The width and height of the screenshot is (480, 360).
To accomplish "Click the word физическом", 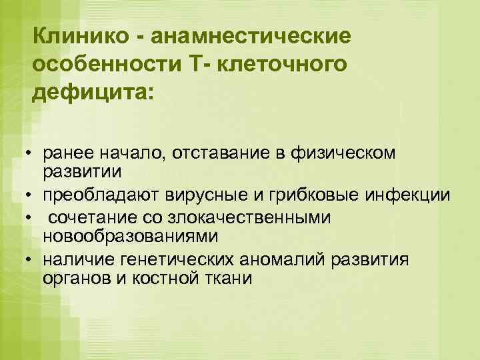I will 342,154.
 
